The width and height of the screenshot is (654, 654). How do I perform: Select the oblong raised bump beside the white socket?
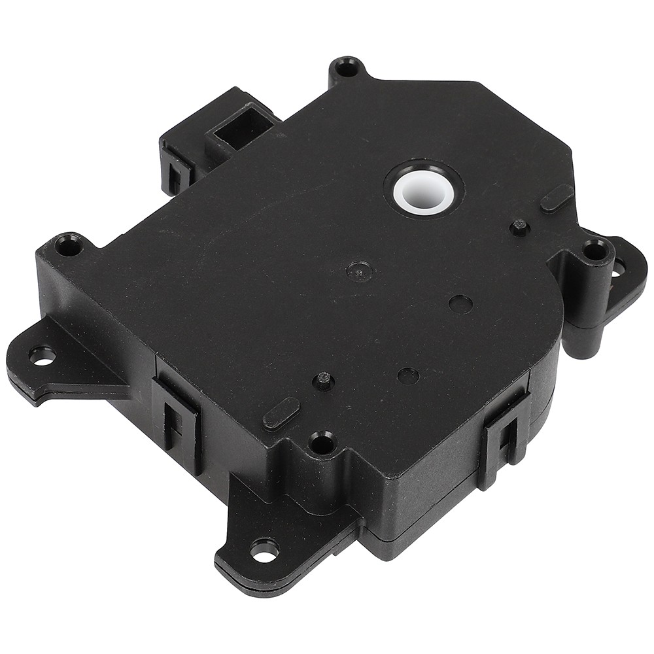(557, 198)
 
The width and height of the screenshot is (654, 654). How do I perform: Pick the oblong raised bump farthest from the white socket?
(281, 414)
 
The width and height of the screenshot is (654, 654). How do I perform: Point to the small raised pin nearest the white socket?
(519, 228)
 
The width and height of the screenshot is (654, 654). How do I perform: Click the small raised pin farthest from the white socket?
(323, 381)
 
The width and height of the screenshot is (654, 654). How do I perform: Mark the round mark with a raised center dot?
(359, 269)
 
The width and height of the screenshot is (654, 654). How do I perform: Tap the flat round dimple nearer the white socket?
(461, 303)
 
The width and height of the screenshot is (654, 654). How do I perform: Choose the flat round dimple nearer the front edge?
(408, 375)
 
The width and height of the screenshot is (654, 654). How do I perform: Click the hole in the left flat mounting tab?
(43, 356)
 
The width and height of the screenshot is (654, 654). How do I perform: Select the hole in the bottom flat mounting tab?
(264, 552)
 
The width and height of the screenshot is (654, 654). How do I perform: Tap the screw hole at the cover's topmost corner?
(347, 67)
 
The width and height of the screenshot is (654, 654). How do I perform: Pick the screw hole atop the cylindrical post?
(594, 249)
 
